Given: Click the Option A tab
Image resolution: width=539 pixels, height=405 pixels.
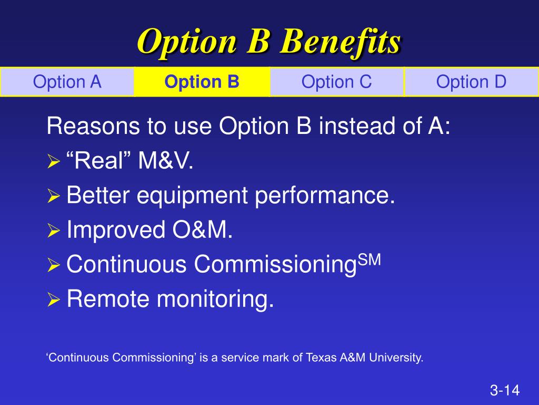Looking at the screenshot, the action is point(67,82).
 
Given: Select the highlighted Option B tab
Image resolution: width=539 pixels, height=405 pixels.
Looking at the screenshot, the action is point(202,82).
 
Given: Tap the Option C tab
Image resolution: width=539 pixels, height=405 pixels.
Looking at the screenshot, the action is point(336,82).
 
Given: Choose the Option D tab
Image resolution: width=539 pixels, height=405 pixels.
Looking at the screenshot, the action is point(471,82).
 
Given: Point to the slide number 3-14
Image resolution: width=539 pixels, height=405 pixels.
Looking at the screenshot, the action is point(505,390).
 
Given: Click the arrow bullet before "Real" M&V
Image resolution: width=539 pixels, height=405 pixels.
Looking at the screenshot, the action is point(54,161).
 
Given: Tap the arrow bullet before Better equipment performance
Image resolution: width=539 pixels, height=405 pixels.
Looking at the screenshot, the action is point(54,196).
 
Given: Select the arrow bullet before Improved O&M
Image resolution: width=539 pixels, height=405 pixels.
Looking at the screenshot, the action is point(54,230).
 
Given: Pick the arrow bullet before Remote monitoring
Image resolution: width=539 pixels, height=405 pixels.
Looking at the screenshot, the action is point(54,300).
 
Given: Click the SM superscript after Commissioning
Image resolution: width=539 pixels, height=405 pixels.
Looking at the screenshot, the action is point(370,259).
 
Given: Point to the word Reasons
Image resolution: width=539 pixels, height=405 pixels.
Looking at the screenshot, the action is point(93,126).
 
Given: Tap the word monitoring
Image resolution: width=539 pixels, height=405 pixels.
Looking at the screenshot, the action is point(215,300).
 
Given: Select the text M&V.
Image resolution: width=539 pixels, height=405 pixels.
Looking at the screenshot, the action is point(166,161).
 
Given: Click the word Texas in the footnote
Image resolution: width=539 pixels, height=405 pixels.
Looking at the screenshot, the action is point(321,358).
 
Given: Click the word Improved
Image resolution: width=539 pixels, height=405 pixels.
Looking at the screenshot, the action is point(116,230).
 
